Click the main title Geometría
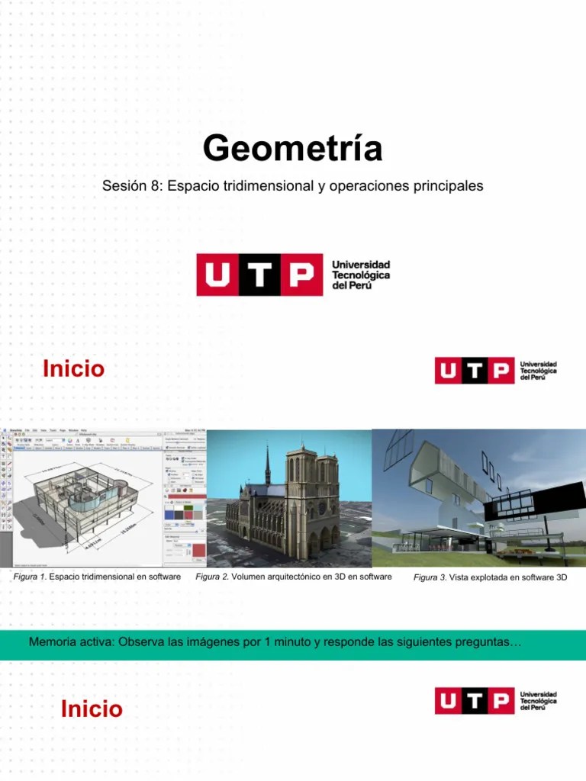tap(292, 149)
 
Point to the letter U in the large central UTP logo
tap(217, 275)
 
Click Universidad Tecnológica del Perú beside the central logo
tap(361, 275)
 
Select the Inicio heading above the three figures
tap(73, 370)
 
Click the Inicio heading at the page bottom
tap(92, 710)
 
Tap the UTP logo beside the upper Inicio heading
tap(495, 371)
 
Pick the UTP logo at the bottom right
tap(495, 700)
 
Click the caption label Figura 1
tap(31, 577)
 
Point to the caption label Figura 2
tap(213, 577)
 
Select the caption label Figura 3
tap(430, 578)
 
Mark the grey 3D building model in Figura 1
tap(76, 503)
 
